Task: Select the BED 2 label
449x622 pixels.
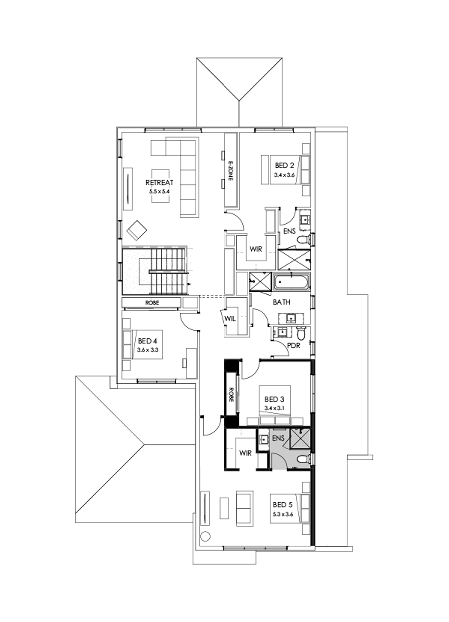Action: point(285,166)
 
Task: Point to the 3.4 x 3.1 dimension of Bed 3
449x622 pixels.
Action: point(274,408)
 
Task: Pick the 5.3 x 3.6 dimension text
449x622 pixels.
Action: point(285,513)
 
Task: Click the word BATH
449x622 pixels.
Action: point(281,302)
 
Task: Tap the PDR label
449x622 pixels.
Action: point(293,345)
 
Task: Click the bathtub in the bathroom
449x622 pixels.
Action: point(292,282)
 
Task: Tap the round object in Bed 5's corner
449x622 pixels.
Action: point(204,537)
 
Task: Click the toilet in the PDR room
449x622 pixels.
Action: point(301,332)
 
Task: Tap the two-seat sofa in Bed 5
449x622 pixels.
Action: point(244,508)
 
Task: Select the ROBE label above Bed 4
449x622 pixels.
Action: point(152,303)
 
